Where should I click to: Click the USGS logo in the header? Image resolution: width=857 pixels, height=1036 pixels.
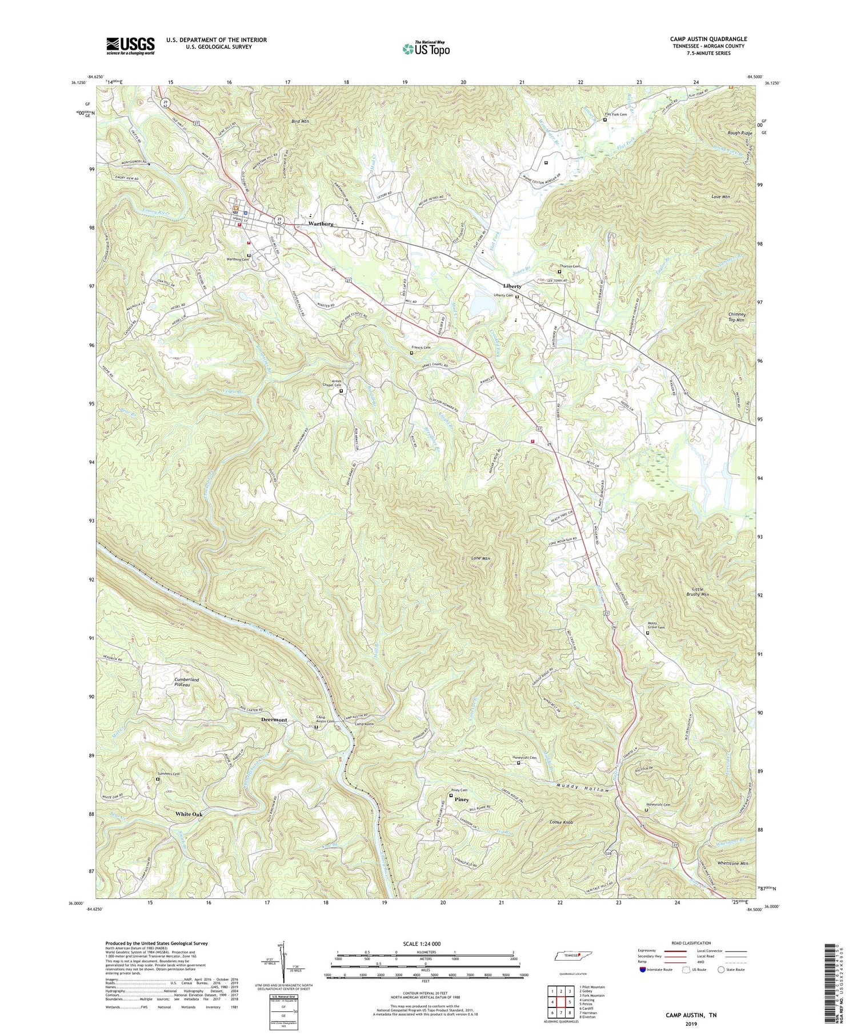130,46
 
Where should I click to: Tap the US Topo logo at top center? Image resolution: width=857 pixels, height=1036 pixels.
426,49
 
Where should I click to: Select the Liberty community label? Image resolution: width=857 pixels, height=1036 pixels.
512,286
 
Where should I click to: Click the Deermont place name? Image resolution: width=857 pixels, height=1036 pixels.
274,719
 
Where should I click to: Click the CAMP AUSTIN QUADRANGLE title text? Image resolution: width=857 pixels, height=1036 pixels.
708,39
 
